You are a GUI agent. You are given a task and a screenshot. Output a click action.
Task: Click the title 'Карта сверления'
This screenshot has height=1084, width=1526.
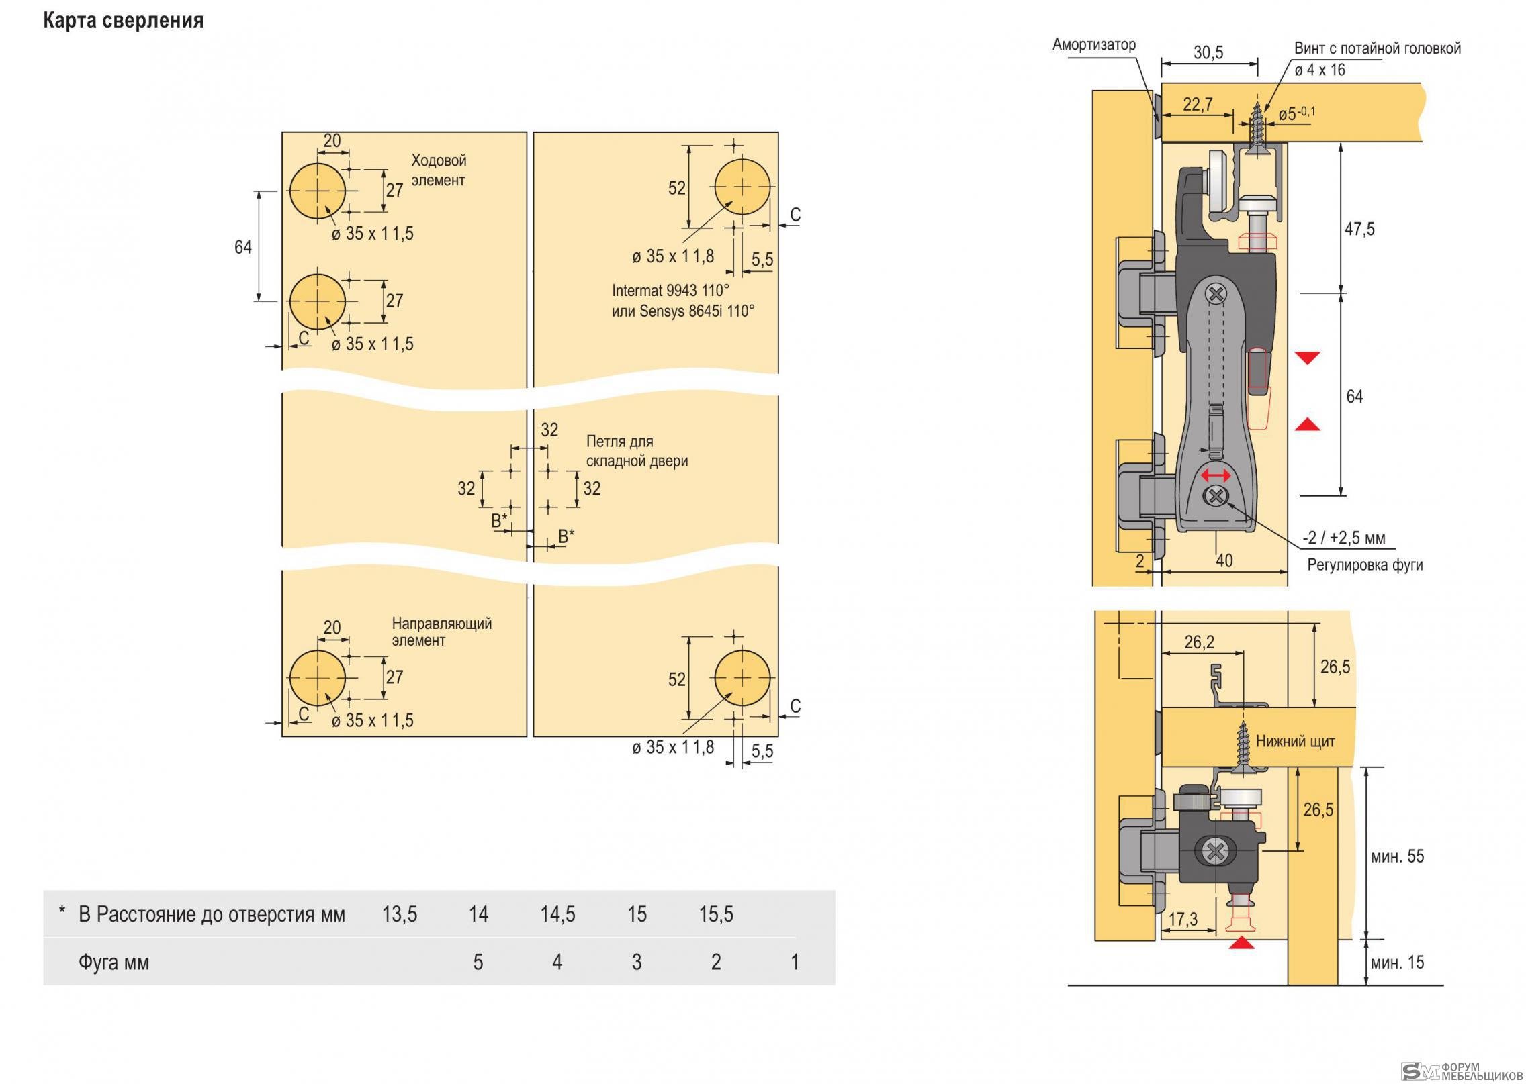point(123,21)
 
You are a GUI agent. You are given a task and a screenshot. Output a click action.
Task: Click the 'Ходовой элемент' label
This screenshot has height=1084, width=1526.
point(439,170)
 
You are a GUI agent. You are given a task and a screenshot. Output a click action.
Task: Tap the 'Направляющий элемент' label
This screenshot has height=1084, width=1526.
point(442,632)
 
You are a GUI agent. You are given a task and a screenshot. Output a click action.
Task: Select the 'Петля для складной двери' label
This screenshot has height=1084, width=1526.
point(637,451)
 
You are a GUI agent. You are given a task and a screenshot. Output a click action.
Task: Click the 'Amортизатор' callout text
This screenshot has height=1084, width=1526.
point(1094,44)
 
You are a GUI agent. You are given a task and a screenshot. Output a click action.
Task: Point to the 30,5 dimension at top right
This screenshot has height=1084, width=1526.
point(1208,52)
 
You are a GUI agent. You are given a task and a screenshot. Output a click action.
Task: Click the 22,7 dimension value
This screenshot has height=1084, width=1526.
point(1198,104)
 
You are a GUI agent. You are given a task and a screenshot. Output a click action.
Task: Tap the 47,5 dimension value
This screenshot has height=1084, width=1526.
point(1359,229)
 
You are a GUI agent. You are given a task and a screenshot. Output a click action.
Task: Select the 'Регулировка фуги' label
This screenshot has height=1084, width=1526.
point(1365,565)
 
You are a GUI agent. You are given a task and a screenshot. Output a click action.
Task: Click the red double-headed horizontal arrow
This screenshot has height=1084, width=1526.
point(1216,475)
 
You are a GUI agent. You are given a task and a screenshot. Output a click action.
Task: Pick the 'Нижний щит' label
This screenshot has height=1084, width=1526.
point(1296,741)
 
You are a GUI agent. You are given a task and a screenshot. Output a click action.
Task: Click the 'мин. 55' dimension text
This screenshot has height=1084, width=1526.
point(1397,856)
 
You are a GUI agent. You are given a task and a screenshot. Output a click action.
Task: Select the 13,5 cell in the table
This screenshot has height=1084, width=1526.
point(400,914)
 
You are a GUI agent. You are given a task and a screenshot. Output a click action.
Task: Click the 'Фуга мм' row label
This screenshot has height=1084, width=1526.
point(114,963)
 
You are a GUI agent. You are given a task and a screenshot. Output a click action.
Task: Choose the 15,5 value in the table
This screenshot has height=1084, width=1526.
point(716,914)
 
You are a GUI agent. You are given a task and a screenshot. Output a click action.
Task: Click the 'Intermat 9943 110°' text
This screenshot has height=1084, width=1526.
point(670,291)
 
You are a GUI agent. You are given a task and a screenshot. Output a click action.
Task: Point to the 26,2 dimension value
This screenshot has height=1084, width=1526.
point(1199,642)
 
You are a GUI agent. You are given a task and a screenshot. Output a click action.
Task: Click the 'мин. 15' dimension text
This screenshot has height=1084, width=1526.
point(1397,963)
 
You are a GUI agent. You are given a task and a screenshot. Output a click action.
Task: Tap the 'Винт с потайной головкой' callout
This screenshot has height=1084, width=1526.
point(1378,48)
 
